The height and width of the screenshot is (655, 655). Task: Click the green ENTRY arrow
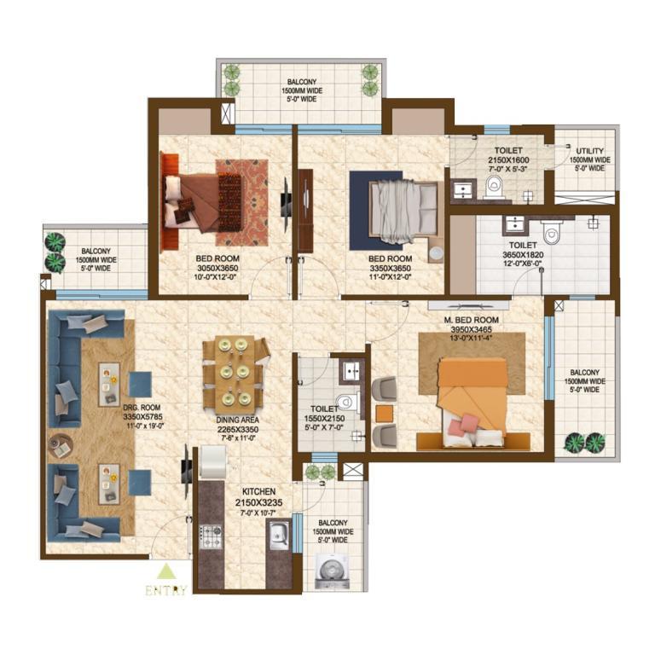[166, 572]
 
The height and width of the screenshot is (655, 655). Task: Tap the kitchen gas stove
[211, 536]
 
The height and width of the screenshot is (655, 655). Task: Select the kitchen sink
[278, 535]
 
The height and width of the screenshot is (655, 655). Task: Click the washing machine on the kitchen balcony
[333, 568]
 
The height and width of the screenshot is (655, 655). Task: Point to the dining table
[235, 373]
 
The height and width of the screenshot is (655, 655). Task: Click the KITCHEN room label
[258, 491]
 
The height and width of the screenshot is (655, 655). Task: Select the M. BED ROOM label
[471, 320]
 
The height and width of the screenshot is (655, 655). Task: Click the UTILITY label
[590, 151]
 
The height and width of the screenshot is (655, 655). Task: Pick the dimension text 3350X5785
[142, 416]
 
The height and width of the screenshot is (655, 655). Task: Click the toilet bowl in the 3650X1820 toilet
[552, 232]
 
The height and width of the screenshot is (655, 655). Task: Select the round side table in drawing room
[61, 446]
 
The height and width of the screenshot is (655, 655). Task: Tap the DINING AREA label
[237, 420]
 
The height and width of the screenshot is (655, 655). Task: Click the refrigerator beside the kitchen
[213, 461]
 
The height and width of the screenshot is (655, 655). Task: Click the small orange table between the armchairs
[385, 414]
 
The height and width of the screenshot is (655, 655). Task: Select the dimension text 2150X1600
[508, 160]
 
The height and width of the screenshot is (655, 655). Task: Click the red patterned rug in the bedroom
[242, 203]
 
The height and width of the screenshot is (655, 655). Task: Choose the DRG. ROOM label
[142, 408]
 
